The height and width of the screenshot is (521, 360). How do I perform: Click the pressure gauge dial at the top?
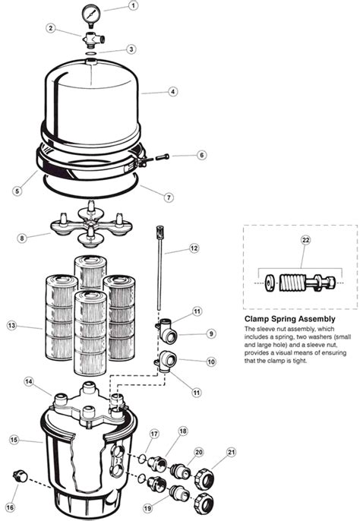[x=90, y=14]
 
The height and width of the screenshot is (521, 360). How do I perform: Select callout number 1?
[x=133, y=5]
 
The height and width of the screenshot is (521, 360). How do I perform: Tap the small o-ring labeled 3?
[x=90, y=53]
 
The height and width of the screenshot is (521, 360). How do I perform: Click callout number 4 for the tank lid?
[x=172, y=91]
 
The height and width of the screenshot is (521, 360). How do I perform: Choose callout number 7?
[x=169, y=197]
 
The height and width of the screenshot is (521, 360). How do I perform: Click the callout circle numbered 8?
[x=22, y=238]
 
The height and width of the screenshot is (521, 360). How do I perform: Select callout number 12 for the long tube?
[x=194, y=248]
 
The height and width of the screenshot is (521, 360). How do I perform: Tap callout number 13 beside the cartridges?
[x=11, y=325]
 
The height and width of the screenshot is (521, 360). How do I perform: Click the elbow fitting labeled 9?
[x=168, y=330]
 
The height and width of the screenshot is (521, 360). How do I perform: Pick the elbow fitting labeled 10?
[x=166, y=362]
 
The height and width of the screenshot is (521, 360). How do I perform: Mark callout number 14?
[x=29, y=382]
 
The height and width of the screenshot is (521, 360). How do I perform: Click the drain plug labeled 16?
[x=21, y=477]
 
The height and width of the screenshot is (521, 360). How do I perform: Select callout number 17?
[x=154, y=434]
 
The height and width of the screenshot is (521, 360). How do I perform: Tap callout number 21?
[x=231, y=452]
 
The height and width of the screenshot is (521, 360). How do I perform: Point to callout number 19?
[x=148, y=508]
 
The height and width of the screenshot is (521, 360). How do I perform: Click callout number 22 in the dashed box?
[x=305, y=240]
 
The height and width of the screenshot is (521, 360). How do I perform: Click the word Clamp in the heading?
[x=257, y=319]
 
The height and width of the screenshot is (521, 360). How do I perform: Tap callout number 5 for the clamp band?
[x=17, y=191]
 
